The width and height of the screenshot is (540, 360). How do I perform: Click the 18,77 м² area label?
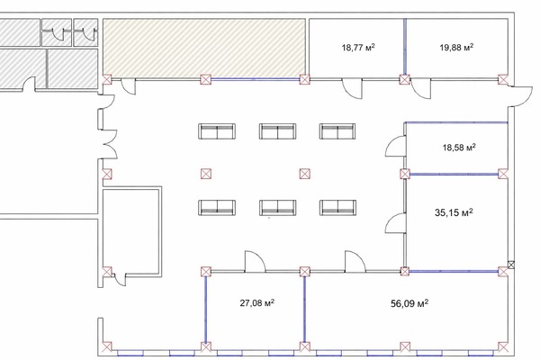click(358, 47)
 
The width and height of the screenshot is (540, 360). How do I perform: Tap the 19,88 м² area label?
click(456, 47)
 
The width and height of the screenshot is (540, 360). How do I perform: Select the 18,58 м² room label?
click(459, 148)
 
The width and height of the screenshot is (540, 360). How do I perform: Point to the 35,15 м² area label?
click(454, 212)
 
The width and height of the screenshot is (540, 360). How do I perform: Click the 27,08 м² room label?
click(257, 303)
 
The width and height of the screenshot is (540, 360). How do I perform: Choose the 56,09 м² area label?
click(409, 303)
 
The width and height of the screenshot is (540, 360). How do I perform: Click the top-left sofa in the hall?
click(217, 131)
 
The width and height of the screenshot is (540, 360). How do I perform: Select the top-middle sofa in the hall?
click(277, 131)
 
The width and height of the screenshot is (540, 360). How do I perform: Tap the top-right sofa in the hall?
click(337, 131)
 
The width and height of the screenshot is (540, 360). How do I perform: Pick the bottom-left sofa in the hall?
click(217, 208)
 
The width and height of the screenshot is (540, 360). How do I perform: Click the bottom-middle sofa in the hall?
click(277, 208)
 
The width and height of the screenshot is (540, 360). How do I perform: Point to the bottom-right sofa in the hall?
click(337, 208)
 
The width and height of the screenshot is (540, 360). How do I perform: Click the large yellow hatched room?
click(204, 49)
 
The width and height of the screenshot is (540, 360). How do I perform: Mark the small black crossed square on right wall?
click(511, 265)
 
